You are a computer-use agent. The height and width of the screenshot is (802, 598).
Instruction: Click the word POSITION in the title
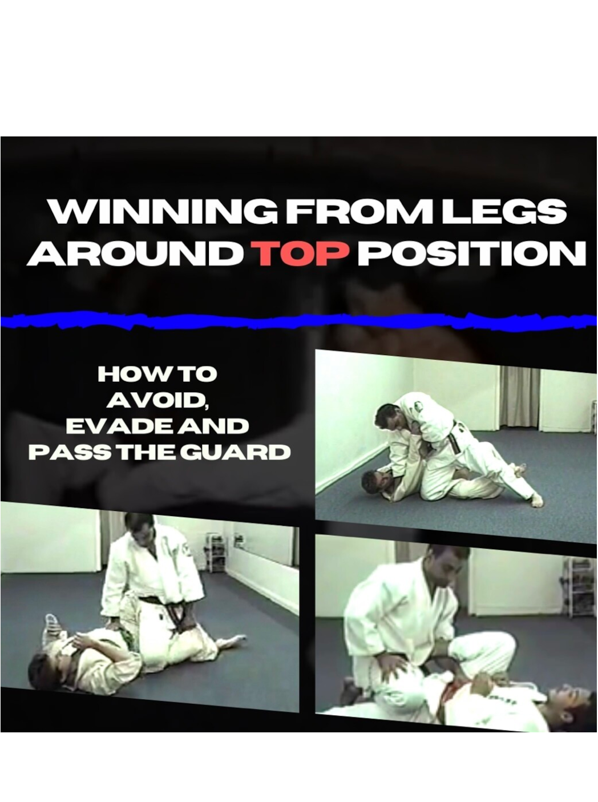[x=471, y=253]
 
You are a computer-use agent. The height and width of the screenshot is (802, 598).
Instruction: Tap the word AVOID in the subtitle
[x=156, y=400]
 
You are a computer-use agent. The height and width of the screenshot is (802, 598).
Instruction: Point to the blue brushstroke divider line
[x=297, y=321]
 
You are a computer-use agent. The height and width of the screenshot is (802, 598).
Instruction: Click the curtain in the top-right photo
[x=519, y=397]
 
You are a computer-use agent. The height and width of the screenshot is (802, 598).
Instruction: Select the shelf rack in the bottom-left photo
[x=216, y=553]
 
